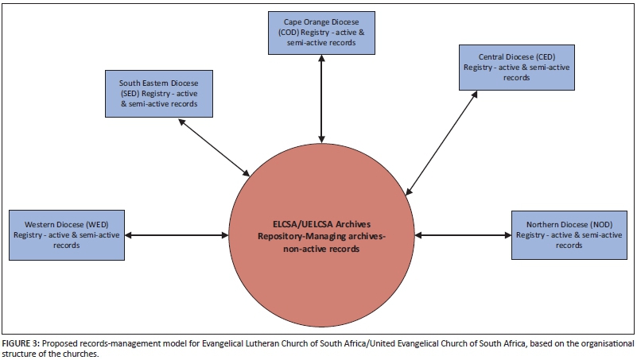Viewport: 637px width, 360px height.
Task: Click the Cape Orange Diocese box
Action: click(320, 33)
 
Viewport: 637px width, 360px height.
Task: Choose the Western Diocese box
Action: click(66, 234)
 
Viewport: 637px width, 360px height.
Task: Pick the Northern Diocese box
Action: click(569, 234)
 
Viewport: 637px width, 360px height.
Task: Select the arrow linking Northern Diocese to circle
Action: click(462, 234)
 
